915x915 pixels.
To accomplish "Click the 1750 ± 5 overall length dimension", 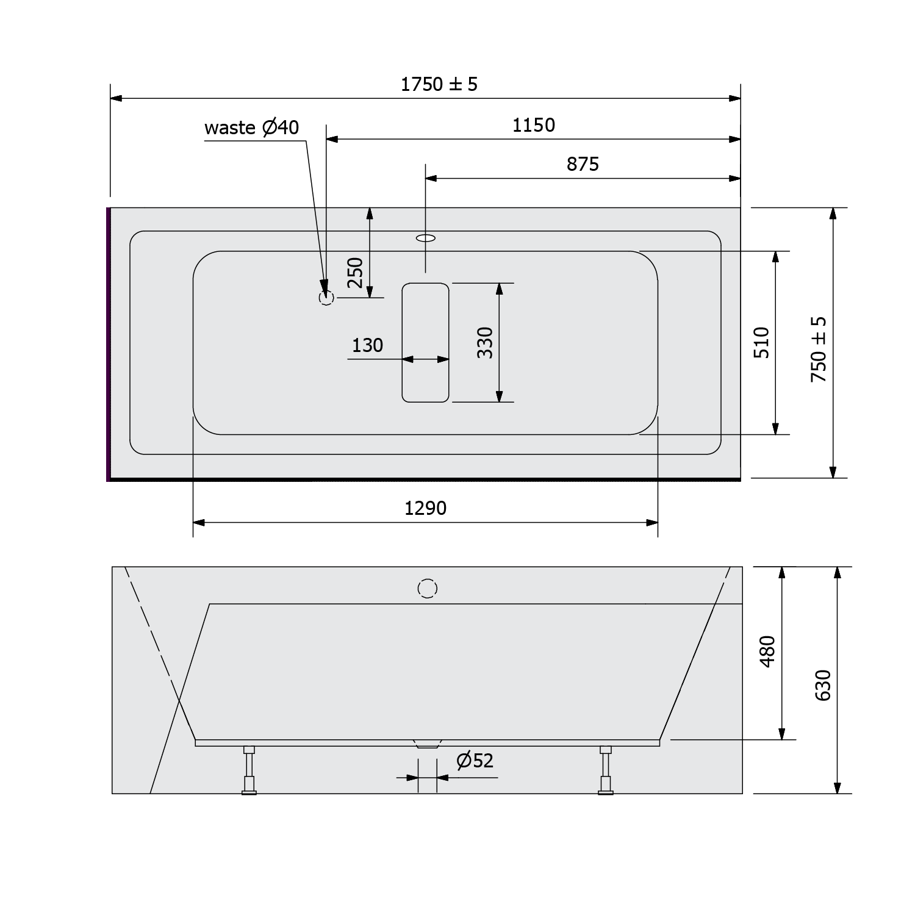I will pyautogui.click(x=439, y=84).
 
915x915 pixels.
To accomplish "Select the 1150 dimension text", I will pyautogui.click(x=534, y=125).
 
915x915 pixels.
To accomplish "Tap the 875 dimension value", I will pyautogui.click(x=583, y=164).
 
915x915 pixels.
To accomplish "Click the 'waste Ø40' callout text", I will pyautogui.click(x=251, y=127).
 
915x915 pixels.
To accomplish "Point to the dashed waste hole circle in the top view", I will pyautogui.click(x=326, y=298).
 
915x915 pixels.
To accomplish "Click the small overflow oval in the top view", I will pyautogui.click(x=426, y=237).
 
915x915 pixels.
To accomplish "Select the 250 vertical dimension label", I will pyautogui.click(x=355, y=273).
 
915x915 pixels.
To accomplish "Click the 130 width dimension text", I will pyautogui.click(x=367, y=345).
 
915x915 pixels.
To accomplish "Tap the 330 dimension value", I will pyautogui.click(x=484, y=342).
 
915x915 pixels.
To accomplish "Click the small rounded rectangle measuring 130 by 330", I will pyautogui.click(x=425, y=342).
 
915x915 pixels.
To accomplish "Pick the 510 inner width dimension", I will pyautogui.click(x=762, y=342).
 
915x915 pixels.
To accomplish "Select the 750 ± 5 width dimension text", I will pyautogui.click(x=819, y=350).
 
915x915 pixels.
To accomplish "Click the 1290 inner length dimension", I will pyautogui.click(x=425, y=508).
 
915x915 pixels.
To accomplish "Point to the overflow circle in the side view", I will pyautogui.click(x=428, y=589).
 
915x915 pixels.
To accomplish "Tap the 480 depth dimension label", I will pyautogui.click(x=768, y=651).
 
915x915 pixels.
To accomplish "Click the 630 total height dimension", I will pyautogui.click(x=823, y=685).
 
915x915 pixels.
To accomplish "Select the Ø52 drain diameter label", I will pyautogui.click(x=475, y=761).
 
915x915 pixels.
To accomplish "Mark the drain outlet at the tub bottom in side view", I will pyautogui.click(x=427, y=744).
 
